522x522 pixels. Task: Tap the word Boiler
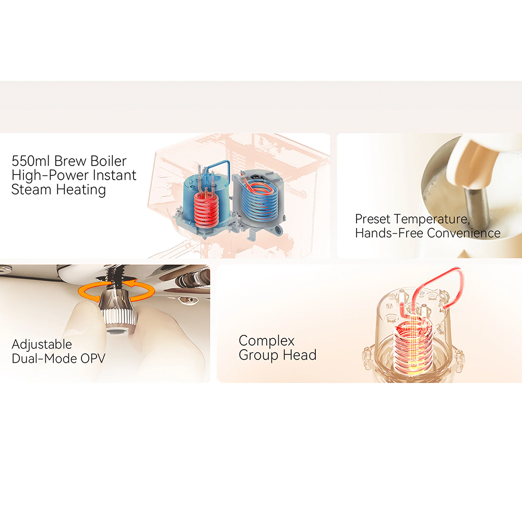pos(109,161)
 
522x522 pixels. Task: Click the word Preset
pos(373,219)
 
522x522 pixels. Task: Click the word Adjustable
pos(42,345)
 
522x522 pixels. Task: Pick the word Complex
pos(267,341)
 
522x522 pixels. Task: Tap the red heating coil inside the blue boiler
pos(206,210)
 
